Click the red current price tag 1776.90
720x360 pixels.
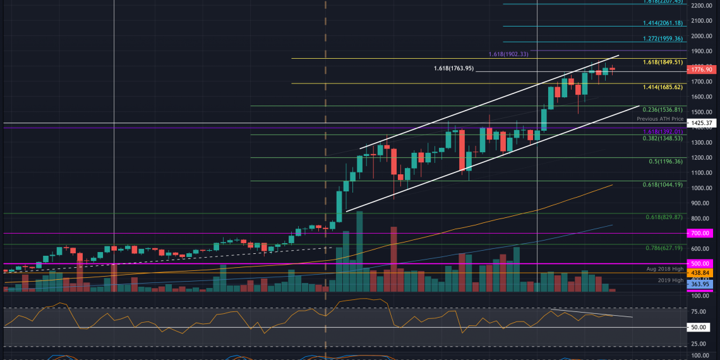click(701, 69)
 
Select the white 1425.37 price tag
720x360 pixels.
click(701, 123)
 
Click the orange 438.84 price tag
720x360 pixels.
click(701, 273)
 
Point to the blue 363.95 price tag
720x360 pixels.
click(701, 285)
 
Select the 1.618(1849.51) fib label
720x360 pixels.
click(663, 63)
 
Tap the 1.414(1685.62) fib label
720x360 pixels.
click(663, 87)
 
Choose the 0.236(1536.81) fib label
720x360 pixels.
click(663, 109)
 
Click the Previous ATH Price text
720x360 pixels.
click(660, 118)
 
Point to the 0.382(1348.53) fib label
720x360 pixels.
click(663, 138)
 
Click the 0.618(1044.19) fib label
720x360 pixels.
click(663, 184)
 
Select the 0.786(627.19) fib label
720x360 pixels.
click(665, 248)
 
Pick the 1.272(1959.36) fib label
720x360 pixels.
click(663, 39)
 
